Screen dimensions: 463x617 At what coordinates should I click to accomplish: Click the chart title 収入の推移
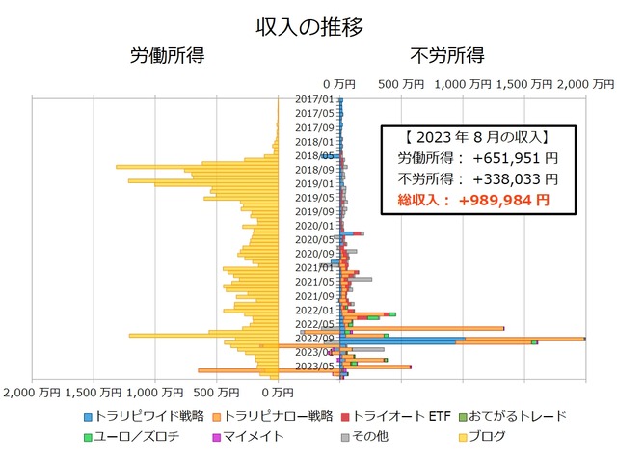click(x=308, y=26)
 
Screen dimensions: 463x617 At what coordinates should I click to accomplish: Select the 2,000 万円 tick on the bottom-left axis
click(x=33, y=392)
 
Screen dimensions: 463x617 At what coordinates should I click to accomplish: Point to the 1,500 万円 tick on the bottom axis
click(x=95, y=392)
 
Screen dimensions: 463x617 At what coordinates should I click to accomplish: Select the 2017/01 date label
click(x=314, y=99)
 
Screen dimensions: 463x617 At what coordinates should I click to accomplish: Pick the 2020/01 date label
click(x=314, y=226)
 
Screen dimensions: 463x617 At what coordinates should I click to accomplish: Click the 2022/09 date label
click(x=314, y=339)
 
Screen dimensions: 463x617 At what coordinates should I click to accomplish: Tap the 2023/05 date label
click(x=314, y=367)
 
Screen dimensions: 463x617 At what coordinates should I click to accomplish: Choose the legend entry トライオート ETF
click(x=403, y=416)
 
